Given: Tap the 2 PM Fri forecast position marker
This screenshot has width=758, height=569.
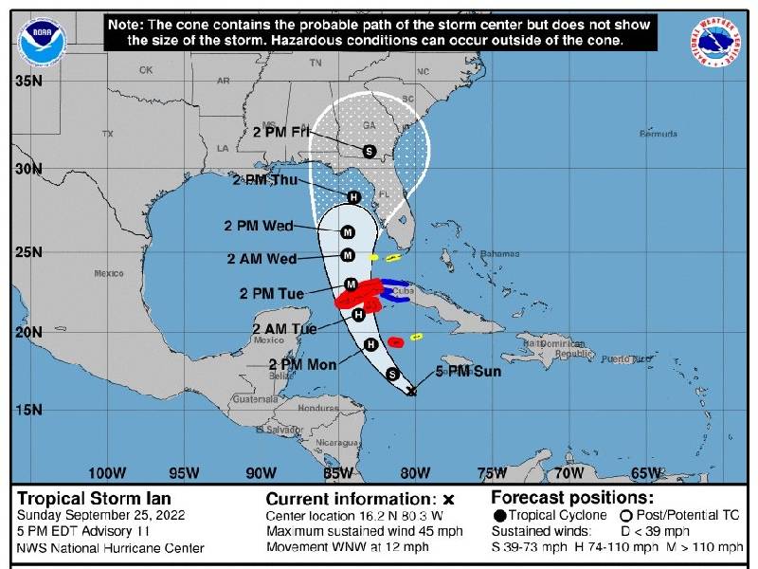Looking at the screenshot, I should tap(370, 151).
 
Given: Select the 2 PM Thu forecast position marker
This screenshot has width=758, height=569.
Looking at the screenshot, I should tap(353, 197).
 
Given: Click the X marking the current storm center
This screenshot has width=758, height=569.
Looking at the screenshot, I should tap(411, 390).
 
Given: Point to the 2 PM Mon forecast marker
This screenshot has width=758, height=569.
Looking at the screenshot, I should tap(370, 344).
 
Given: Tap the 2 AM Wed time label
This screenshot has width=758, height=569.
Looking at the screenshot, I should tap(262, 258).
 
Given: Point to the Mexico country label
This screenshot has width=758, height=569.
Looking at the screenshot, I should tap(109, 273).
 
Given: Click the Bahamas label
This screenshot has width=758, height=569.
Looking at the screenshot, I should tap(499, 254).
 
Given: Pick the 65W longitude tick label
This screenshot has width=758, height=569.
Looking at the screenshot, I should tap(646, 472).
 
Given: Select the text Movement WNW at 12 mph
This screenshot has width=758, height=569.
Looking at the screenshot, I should tap(348, 547).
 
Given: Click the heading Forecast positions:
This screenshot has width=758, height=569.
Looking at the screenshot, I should tap(571, 498).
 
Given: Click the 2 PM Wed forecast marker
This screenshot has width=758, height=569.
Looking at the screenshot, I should tap(348, 232).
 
